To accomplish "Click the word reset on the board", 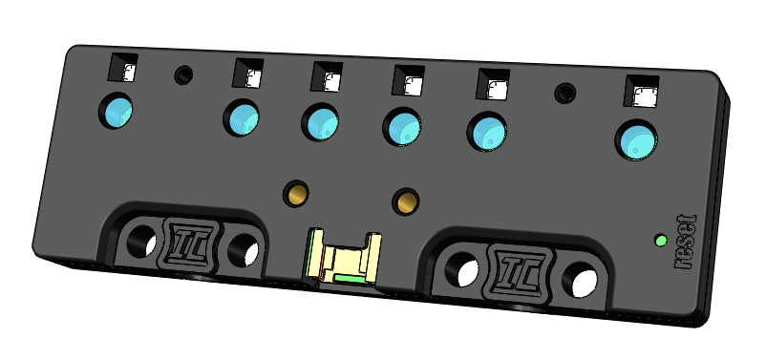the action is tap(686, 243).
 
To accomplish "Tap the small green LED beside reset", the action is tap(661, 241).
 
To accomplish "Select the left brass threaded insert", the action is tap(296, 193).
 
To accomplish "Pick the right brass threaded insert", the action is tap(406, 201).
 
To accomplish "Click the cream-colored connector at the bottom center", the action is tap(343, 258).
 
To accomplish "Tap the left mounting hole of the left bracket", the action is tap(141, 241).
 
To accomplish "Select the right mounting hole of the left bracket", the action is tap(244, 250).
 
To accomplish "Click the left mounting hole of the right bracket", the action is tap(462, 270).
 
